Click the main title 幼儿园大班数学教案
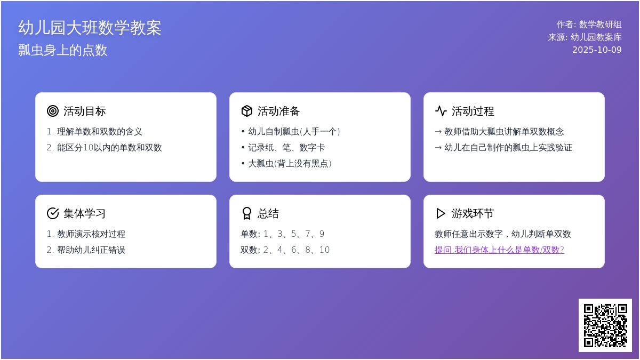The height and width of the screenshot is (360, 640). pyautogui.click(x=90, y=28)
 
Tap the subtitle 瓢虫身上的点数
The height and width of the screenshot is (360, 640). pyautogui.click(x=63, y=50)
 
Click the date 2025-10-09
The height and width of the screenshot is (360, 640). pyautogui.click(x=597, y=50)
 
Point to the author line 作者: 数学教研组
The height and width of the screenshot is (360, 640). pyautogui.click(x=589, y=25)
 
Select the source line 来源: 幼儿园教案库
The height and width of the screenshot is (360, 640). pyautogui.click(x=585, y=37)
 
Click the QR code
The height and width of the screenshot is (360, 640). pyautogui.click(x=605, y=325)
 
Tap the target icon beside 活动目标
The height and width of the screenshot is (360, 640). pyautogui.click(x=53, y=111)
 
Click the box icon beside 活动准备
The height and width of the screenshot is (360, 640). pyautogui.click(x=247, y=111)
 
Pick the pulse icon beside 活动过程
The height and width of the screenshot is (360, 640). pyautogui.click(x=441, y=111)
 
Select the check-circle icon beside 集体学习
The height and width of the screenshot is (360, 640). pyautogui.click(x=53, y=213)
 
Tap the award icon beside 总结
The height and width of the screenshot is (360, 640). pyautogui.click(x=247, y=213)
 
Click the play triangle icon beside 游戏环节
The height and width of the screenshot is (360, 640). pyautogui.click(x=441, y=213)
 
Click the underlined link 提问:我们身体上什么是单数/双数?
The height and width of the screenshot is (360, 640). pyautogui.click(x=499, y=250)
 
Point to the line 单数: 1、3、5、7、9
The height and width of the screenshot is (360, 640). pyautogui.click(x=283, y=234)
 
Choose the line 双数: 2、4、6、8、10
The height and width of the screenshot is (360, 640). pyautogui.click(x=285, y=250)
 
